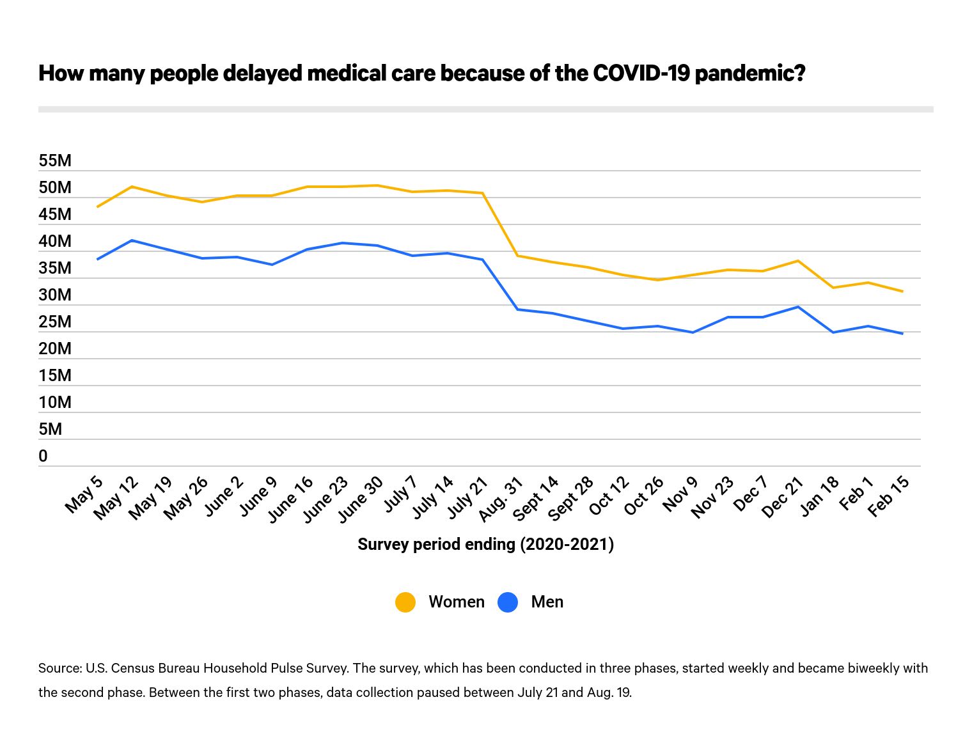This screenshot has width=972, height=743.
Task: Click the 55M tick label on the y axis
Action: pyautogui.click(x=55, y=160)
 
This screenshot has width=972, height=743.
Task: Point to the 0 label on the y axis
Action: pyautogui.click(x=43, y=456)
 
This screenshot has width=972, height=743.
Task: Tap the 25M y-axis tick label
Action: pyautogui.click(x=55, y=322)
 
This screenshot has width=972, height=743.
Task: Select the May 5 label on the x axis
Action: pyautogui.click(x=84, y=494)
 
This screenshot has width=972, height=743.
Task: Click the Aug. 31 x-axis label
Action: pyautogui.click(x=501, y=499)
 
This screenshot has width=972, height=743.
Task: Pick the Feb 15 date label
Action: pyautogui.click(x=888, y=496)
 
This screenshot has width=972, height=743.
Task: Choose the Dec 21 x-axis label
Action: pyautogui.click(x=783, y=497)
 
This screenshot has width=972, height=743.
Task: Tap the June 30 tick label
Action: pyautogui.click(x=360, y=499)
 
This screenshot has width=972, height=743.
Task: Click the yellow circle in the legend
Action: pyautogui.click(x=405, y=602)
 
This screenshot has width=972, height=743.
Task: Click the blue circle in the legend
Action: pyautogui.click(x=508, y=602)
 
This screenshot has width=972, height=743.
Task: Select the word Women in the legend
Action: pyautogui.click(x=457, y=602)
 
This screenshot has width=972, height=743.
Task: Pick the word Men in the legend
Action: pyautogui.click(x=547, y=602)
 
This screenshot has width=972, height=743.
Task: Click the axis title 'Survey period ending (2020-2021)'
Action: pyautogui.click(x=485, y=544)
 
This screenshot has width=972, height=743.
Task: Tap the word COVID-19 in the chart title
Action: pyautogui.click(x=641, y=73)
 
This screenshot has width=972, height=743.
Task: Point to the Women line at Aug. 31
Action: pyautogui.click(x=517, y=256)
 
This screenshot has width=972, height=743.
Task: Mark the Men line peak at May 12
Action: pyautogui.click(x=132, y=240)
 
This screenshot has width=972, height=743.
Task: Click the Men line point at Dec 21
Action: pyautogui.click(x=797, y=307)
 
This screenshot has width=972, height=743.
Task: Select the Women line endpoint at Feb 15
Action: pyautogui.click(x=902, y=292)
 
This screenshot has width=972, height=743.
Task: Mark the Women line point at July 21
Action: pyautogui.click(x=483, y=193)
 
